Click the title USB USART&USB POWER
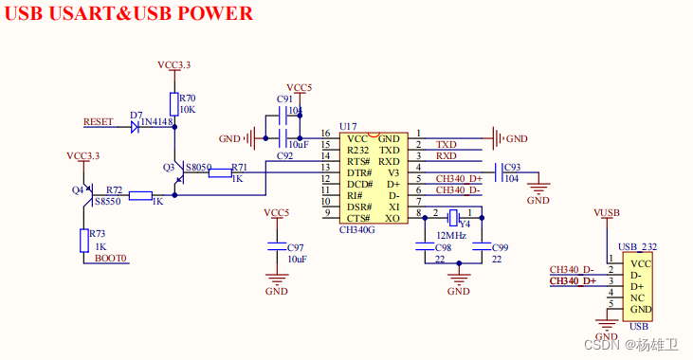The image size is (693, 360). [130, 13]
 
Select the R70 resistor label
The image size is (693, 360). [187, 98]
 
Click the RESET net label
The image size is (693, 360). [99, 122]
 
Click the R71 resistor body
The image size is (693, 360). [220, 171]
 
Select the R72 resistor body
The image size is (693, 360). [140, 196]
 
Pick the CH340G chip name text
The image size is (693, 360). [357, 229]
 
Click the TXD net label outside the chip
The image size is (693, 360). [446, 145]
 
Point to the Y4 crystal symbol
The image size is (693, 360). [453, 215]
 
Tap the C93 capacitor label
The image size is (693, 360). [512, 167]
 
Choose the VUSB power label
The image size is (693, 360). [606, 213]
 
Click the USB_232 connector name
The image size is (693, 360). [638, 247]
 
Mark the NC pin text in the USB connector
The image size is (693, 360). [638, 298]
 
